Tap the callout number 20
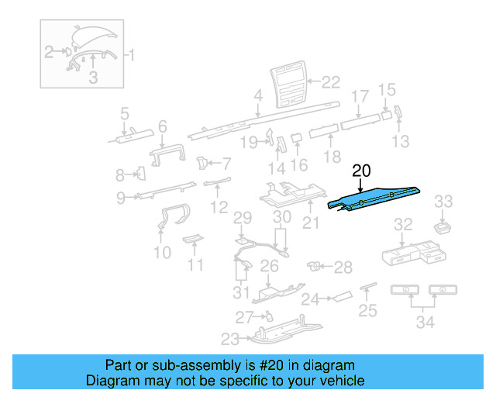coord(362,171)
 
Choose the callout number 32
coord(403,225)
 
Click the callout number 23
coord(230,339)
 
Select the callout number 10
coord(162,253)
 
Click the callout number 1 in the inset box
coord(130,55)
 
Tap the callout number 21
coord(310,225)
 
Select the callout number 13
coord(401,141)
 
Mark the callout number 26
coord(269,266)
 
